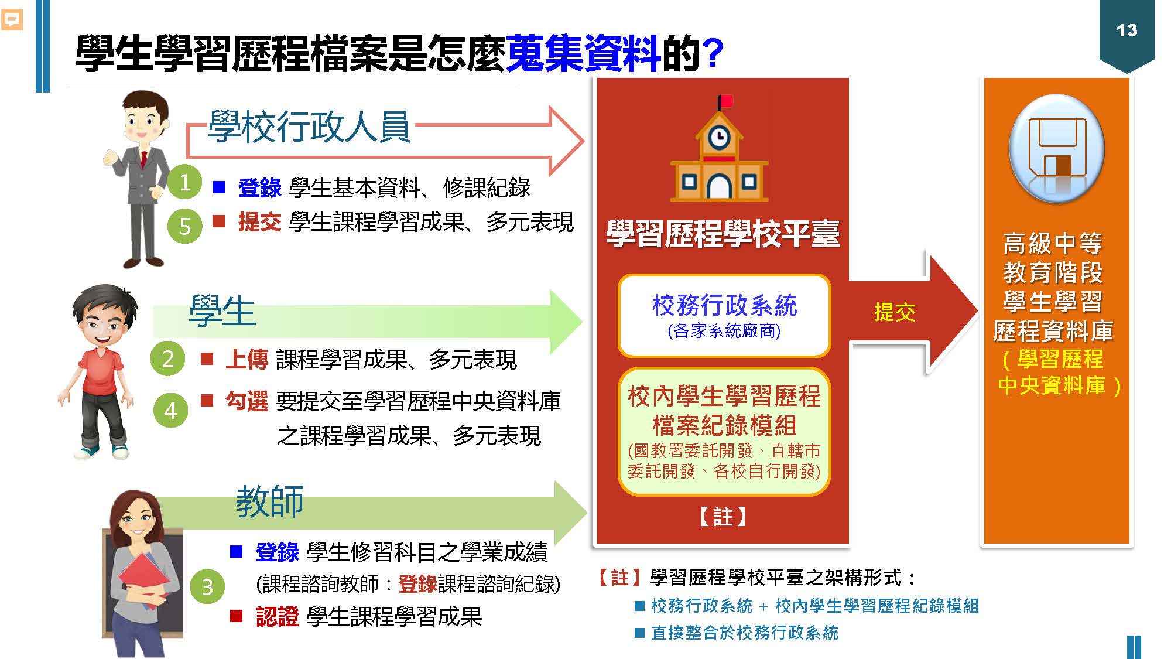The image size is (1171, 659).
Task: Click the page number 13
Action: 1127,30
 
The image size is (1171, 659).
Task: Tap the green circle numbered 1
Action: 184,182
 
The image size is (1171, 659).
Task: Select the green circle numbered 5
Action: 184,226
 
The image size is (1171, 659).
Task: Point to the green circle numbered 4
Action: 170,410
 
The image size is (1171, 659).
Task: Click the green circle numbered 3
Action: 207,586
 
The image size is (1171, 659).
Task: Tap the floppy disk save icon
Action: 1057,150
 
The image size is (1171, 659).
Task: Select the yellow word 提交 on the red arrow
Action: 894,312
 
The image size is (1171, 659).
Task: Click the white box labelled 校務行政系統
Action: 724,316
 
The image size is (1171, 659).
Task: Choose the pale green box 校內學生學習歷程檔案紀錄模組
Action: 724,431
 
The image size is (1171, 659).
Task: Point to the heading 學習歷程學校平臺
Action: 723,234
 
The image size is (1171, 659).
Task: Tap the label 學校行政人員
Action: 309,127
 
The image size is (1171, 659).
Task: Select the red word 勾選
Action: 246,401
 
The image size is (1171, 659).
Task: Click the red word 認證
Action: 278,617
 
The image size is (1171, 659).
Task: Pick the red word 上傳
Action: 246,359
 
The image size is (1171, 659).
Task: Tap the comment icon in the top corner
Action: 12,21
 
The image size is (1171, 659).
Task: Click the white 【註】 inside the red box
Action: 723,517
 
